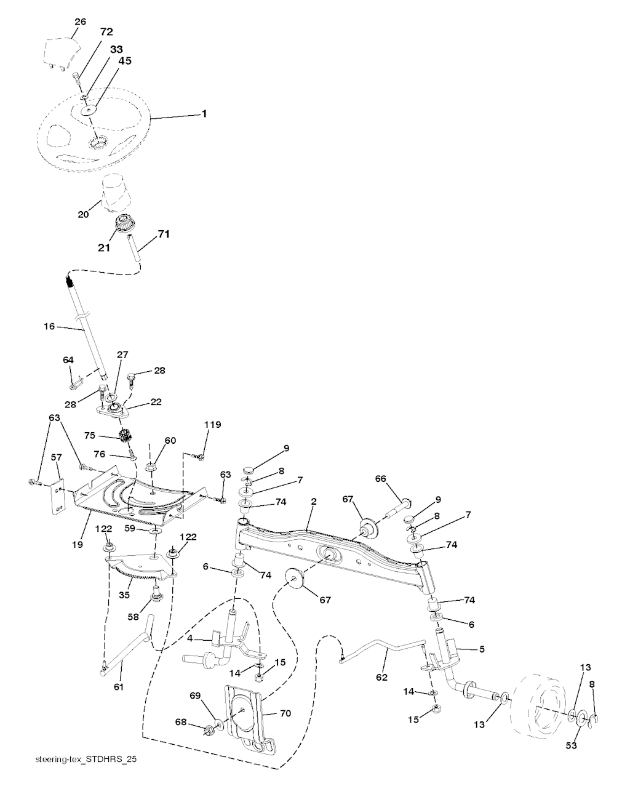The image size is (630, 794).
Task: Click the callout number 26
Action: pyautogui.click(x=79, y=22)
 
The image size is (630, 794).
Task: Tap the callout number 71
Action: pyautogui.click(x=164, y=234)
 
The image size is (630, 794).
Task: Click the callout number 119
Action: pyautogui.click(x=213, y=425)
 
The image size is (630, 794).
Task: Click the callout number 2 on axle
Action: pyautogui.click(x=313, y=503)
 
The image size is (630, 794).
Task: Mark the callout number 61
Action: pyautogui.click(x=118, y=686)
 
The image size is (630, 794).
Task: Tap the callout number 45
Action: pyautogui.click(x=125, y=61)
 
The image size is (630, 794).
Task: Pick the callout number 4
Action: pyautogui.click(x=190, y=639)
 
